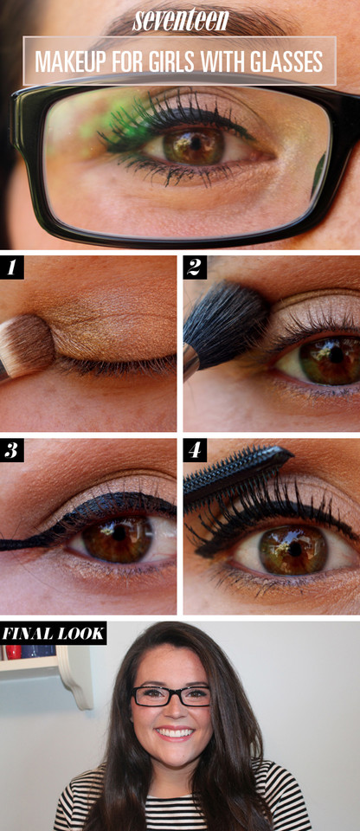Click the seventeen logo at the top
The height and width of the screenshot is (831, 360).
181,20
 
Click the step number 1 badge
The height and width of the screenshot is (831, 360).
11,267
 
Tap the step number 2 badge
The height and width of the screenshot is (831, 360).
195,267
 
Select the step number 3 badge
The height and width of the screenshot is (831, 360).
11,450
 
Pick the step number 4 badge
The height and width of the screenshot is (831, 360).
195,450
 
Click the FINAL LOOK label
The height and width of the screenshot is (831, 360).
53,634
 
